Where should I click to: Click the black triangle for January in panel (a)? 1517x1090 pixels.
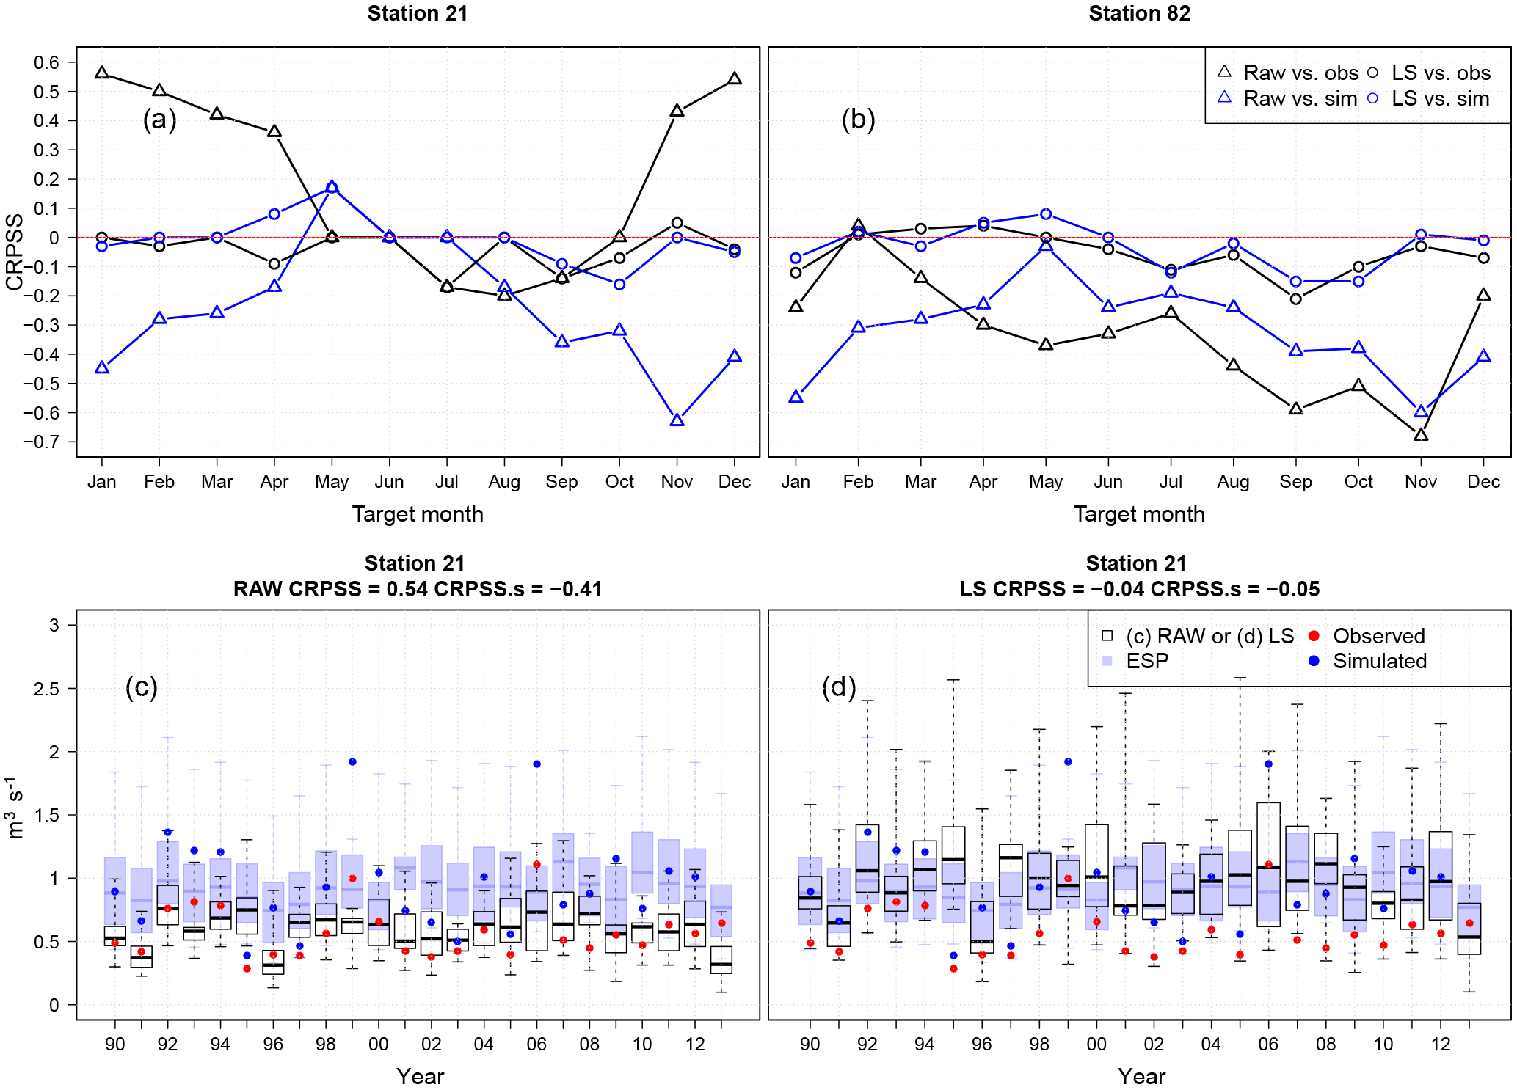click(102, 73)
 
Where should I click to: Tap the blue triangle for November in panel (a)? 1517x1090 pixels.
click(677, 420)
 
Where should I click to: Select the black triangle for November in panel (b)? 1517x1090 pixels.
click(1421, 435)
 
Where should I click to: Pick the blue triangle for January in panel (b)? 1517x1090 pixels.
click(796, 397)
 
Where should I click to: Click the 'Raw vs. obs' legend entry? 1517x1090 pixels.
click(1288, 73)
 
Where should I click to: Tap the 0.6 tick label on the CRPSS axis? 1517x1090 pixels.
click(46, 62)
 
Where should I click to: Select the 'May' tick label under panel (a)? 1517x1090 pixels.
click(332, 482)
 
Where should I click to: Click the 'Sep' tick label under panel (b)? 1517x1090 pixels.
click(1295, 482)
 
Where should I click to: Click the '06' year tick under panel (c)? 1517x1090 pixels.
click(536, 1044)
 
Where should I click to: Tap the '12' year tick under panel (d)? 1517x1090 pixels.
click(1441, 1044)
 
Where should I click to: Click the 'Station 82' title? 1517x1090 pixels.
click(1139, 13)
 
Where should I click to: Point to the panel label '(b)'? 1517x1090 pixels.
click(858, 119)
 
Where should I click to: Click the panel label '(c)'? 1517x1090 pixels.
click(142, 687)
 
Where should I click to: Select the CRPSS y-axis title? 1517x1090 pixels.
click(15, 252)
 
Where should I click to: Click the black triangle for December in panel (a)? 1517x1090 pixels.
click(734, 78)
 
